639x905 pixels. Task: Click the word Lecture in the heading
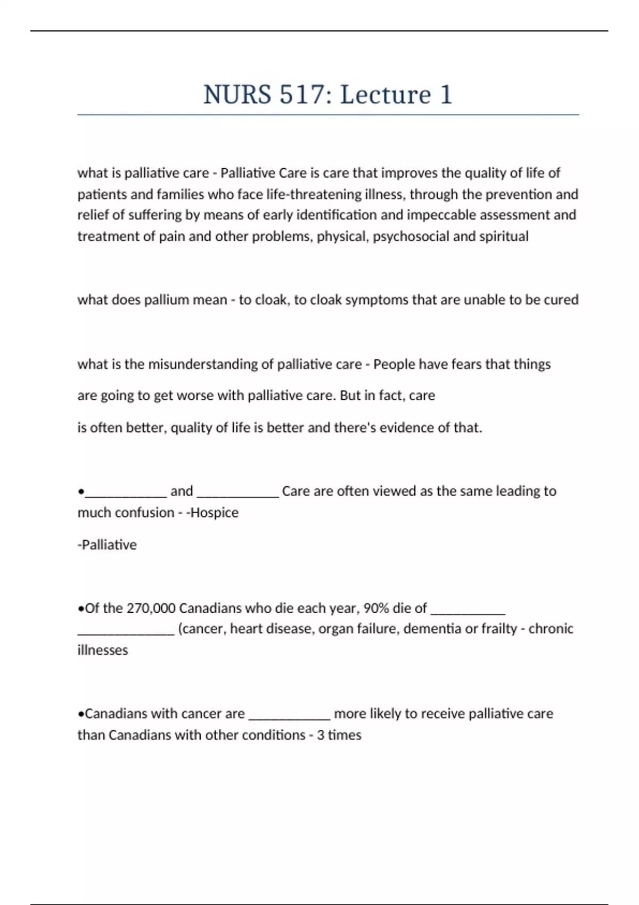point(386,95)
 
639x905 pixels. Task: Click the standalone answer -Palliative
point(107,545)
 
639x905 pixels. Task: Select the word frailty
point(499,629)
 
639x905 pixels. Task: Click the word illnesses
point(103,650)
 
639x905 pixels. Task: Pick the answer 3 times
point(339,735)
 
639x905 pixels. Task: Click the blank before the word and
point(126,492)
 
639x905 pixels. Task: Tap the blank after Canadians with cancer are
point(290,715)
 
